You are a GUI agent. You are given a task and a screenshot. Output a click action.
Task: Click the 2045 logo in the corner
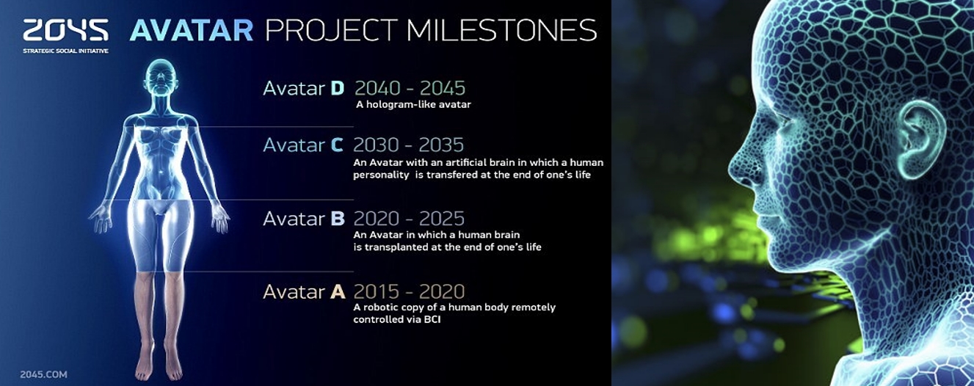[x=65, y=30]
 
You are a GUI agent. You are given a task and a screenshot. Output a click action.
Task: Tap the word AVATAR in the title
[x=192, y=30]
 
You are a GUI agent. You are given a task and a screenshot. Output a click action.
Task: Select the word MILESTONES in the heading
[x=502, y=30]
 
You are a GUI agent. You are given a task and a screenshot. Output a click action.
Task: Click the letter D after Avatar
[x=338, y=88]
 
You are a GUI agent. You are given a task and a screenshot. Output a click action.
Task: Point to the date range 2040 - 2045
[x=410, y=88]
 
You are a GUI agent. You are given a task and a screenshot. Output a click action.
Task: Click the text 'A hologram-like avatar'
[x=413, y=104]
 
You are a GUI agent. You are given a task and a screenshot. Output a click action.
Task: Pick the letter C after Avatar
[x=337, y=145]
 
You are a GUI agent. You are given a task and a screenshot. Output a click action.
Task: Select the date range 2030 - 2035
[x=408, y=145]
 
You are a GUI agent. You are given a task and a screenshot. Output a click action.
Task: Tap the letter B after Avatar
[x=338, y=219]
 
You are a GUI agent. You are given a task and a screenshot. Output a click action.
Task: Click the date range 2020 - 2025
[x=409, y=219]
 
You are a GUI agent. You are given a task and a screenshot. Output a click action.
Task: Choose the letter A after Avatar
[x=338, y=291]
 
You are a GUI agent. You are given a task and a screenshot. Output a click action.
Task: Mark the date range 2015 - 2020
[x=409, y=291]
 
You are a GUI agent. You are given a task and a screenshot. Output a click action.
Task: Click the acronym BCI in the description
[x=432, y=319]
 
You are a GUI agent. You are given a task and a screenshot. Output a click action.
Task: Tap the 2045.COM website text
[x=43, y=374]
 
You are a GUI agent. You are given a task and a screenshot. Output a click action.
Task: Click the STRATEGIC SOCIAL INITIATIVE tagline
[x=65, y=51]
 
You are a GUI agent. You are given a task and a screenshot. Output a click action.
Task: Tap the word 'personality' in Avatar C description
[x=381, y=175]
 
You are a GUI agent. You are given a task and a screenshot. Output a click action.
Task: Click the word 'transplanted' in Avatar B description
[x=393, y=247]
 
